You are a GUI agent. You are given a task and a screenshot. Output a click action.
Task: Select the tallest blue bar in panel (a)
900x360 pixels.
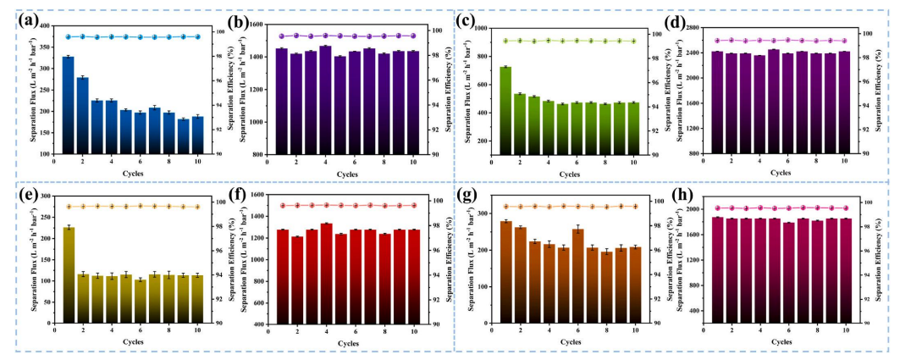[69, 106]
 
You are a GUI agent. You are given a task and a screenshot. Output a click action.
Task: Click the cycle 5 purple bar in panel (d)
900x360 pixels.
[773, 102]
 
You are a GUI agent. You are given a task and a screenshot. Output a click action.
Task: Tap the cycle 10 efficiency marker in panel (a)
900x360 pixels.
[197, 36]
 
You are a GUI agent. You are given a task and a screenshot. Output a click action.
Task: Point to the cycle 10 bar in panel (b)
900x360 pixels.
[412, 102]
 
